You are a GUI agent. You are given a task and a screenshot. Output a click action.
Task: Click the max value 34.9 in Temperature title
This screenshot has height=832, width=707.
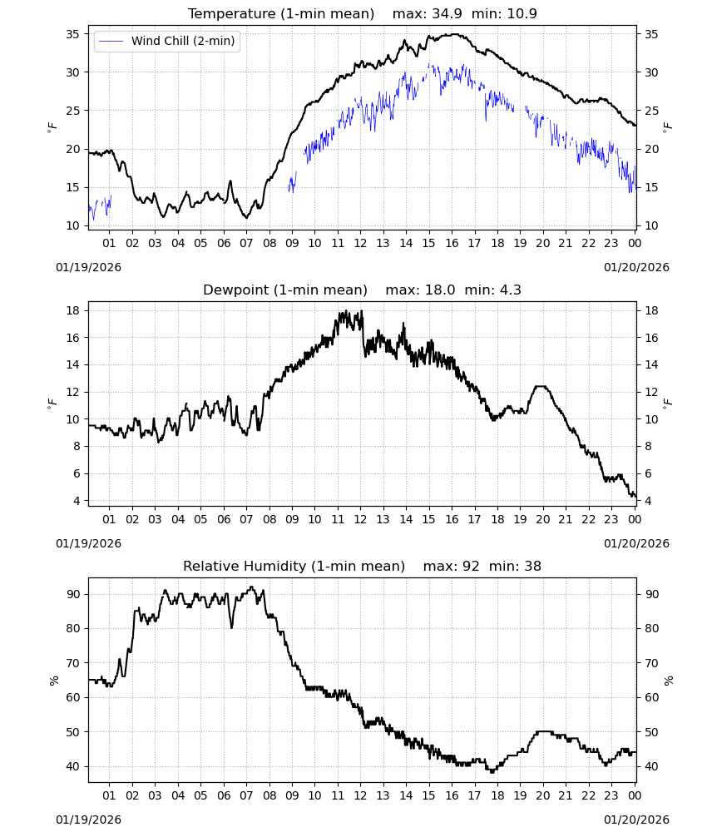pos(447,13)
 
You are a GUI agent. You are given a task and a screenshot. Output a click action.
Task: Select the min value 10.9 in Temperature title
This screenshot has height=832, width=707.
pos(522,13)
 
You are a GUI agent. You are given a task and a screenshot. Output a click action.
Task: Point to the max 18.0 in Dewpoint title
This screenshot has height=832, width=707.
pos(440,290)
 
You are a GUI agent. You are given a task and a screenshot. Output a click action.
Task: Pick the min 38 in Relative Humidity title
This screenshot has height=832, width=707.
pos(532,566)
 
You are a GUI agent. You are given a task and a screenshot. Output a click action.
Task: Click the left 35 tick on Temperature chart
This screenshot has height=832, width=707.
pos(72,34)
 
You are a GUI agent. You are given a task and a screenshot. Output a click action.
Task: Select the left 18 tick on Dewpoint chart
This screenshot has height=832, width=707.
pos(72,310)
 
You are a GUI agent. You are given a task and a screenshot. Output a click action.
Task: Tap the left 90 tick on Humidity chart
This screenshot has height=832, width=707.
pos(72,594)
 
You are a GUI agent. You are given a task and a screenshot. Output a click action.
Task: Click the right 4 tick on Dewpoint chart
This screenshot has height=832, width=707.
pos(648,501)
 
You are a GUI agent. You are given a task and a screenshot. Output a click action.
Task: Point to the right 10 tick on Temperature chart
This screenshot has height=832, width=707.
pos(651,225)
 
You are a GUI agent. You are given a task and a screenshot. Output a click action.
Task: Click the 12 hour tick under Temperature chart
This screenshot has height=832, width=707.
pos(360,243)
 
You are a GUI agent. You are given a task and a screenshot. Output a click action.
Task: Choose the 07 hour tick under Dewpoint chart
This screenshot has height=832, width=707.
pos(246,519)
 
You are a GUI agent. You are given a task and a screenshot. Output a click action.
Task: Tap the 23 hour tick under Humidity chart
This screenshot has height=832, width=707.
pos(611,795)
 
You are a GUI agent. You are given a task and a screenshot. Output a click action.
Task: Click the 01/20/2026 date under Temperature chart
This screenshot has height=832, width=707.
pos(636,267)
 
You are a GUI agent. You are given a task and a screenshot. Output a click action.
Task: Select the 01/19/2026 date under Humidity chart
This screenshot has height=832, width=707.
pos(88,820)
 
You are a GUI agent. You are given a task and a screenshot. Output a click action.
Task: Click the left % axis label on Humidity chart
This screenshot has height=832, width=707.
pos(53,681)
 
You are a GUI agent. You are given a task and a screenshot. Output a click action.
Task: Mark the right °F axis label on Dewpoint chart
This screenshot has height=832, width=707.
pos(668,404)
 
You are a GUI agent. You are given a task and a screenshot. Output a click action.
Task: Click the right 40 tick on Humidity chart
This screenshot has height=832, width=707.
pos(651,767)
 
